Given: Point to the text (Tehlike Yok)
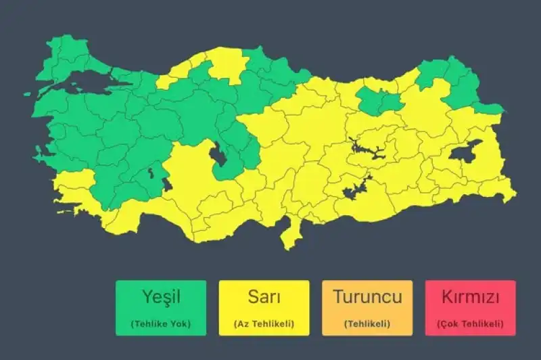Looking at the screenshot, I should tap(161, 323).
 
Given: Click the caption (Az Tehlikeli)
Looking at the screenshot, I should tap(264, 323).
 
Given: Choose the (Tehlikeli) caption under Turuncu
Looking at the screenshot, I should tap(367, 323).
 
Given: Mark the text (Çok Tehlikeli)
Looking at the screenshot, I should tap(470, 323).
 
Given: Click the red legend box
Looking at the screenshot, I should tap(470, 308).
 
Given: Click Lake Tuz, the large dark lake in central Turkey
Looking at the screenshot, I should tap(219, 156).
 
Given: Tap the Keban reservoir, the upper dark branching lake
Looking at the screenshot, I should tap(366, 148).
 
